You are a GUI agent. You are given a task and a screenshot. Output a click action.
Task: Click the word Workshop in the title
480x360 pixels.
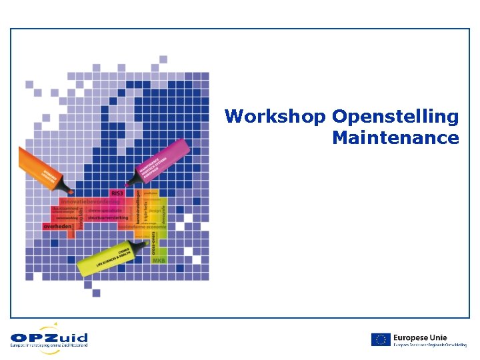pyautogui.click(x=275, y=117)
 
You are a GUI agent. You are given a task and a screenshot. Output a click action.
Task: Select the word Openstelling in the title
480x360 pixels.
pyautogui.click(x=395, y=117)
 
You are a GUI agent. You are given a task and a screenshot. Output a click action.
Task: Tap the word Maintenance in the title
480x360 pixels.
pyautogui.click(x=395, y=138)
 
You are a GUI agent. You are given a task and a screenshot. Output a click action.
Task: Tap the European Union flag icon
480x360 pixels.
pyautogui.click(x=381, y=339)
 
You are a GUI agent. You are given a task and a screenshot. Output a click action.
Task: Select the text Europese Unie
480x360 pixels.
pyautogui.click(x=420, y=337)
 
